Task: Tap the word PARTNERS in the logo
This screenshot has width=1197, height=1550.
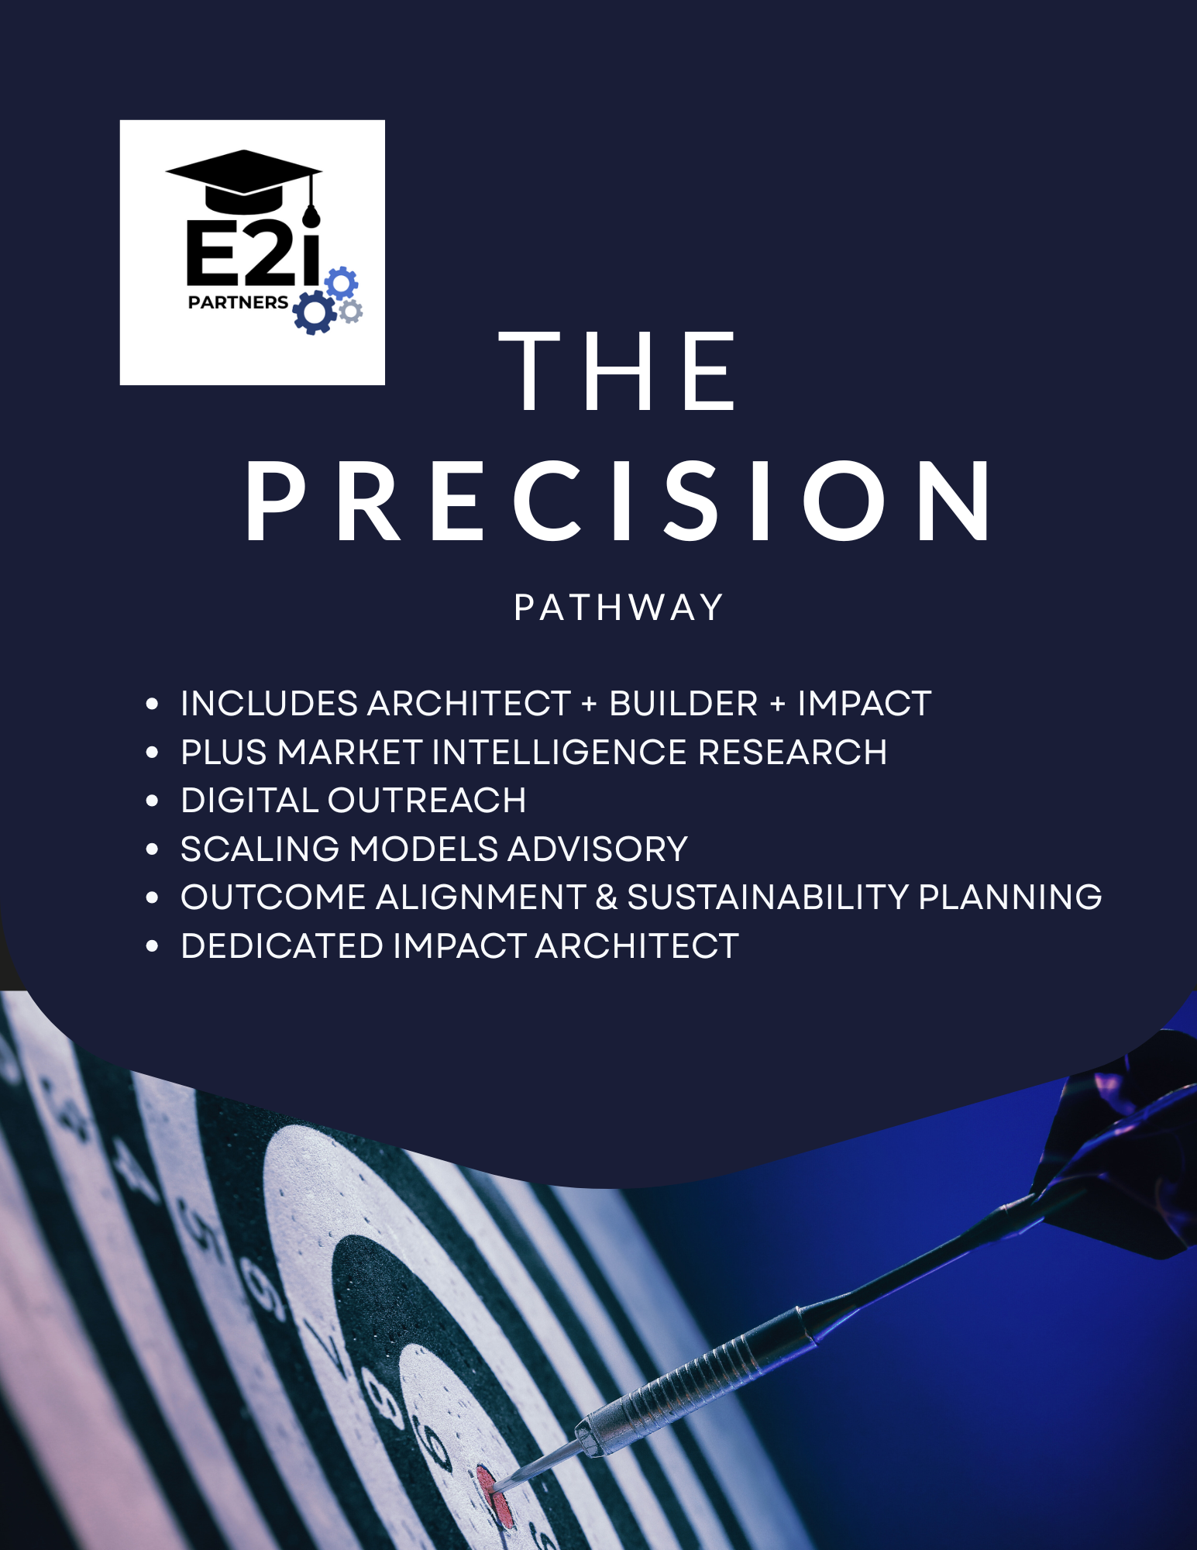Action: point(238,302)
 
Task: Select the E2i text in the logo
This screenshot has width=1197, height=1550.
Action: point(253,252)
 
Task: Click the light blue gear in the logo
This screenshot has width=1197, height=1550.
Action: point(342,283)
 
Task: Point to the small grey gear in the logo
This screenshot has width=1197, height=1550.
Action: point(351,312)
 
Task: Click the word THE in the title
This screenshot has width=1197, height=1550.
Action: point(617,371)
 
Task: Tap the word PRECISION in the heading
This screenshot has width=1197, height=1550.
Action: point(617,501)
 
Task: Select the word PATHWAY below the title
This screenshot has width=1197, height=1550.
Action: point(617,608)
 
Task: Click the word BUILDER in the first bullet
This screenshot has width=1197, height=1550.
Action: point(683,704)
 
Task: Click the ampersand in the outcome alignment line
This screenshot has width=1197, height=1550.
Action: point(606,897)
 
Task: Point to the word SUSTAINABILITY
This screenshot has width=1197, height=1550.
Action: point(767,897)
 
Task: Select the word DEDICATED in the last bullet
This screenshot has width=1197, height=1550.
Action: point(282,946)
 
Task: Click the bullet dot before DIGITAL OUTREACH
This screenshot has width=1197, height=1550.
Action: point(152,801)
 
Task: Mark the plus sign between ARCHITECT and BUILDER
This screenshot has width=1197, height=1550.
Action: point(589,704)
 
